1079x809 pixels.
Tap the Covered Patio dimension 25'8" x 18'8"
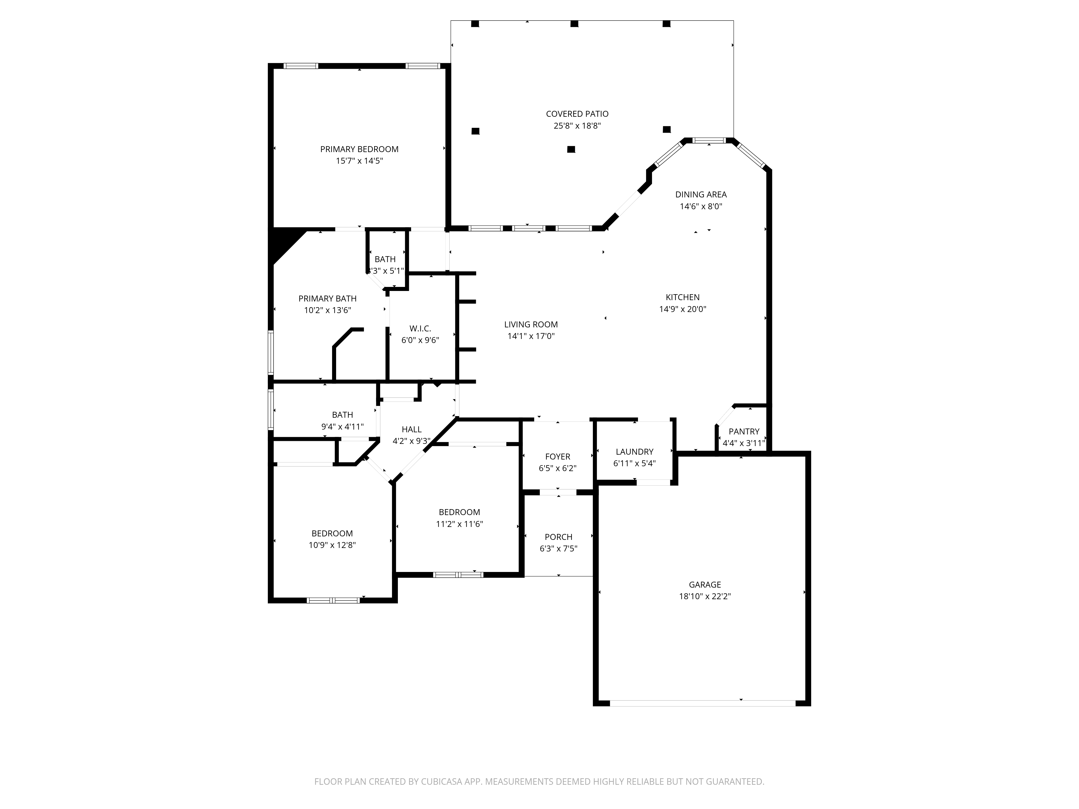pyautogui.click(x=577, y=126)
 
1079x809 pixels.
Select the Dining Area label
pyautogui.click(x=701, y=195)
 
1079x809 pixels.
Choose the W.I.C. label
pyautogui.click(x=420, y=329)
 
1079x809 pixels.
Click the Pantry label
pyautogui.click(x=744, y=431)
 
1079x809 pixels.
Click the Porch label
pyautogui.click(x=559, y=537)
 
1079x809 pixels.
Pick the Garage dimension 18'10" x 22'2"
pyautogui.click(x=705, y=597)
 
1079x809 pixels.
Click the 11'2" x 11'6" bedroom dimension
pyautogui.click(x=459, y=524)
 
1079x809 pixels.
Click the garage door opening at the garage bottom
pyautogui.click(x=702, y=703)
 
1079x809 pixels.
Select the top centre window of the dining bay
pyautogui.click(x=709, y=141)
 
